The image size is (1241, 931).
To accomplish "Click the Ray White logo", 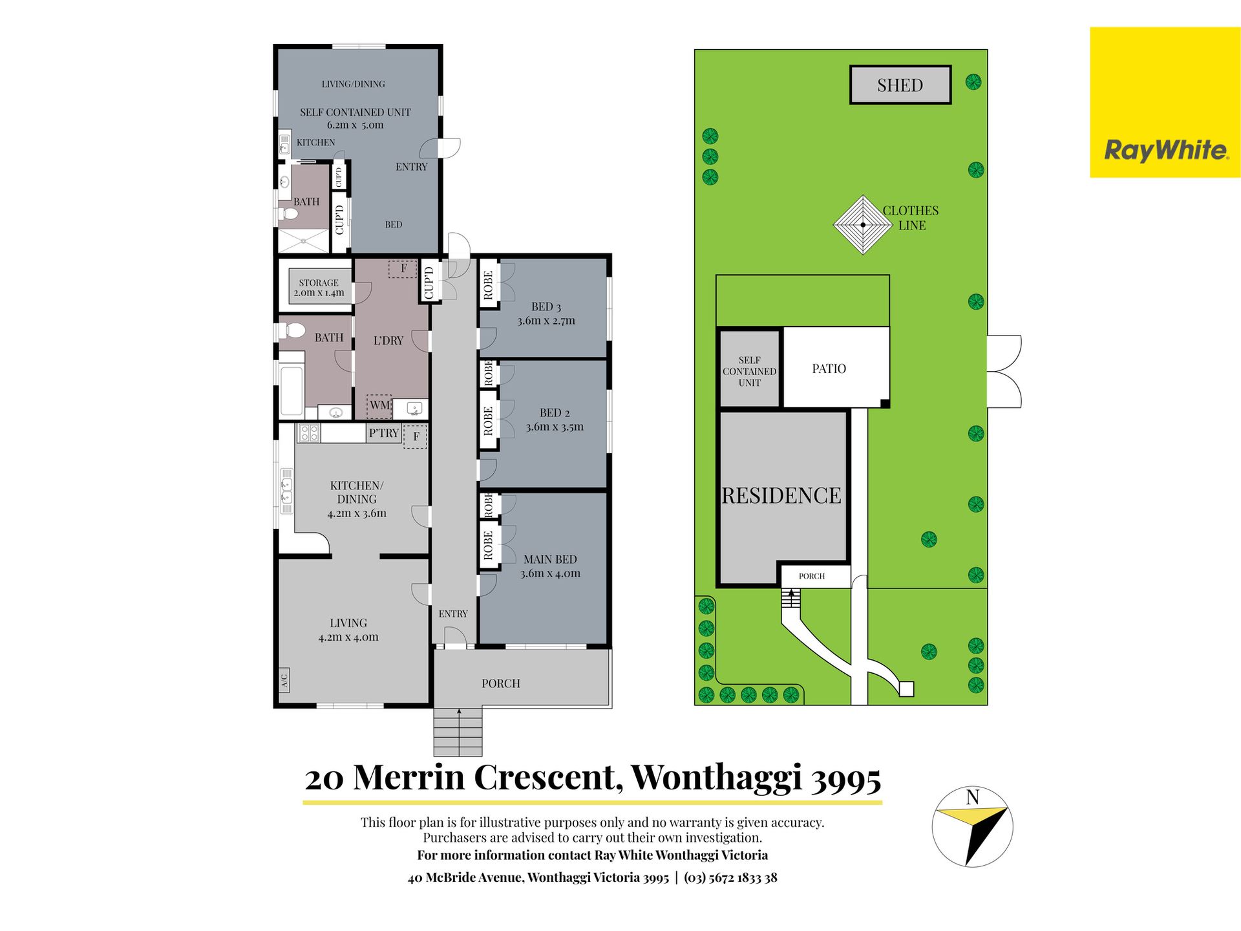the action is pyautogui.click(x=1165, y=102).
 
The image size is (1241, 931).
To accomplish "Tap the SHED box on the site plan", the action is pyautogui.click(x=900, y=85).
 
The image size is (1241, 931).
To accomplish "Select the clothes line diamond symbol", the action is pyautogui.click(x=863, y=225).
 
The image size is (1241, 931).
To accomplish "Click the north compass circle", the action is pyautogui.click(x=972, y=827).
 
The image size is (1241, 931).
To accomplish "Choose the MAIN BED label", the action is pyautogui.click(x=550, y=559).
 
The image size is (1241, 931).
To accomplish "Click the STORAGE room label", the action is pyautogui.click(x=319, y=283).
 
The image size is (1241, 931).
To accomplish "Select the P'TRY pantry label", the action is pyautogui.click(x=384, y=433).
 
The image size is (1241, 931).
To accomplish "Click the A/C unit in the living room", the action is pyautogui.click(x=284, y=680).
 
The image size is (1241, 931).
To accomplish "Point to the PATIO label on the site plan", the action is pyautogui.click(x=829, y=369).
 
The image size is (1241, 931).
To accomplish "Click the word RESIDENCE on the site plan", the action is pyautogui.click(x=781, y=495).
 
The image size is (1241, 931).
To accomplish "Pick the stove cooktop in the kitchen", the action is pyautogui.click(x=309, y=433).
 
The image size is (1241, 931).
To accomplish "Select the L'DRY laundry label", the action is pyautogui.click(x=388, y=340).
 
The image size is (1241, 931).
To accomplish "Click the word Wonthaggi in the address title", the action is pyautogui.click(x=717, y=778).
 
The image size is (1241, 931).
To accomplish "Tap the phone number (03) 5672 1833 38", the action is pyautogui.click(x=730, y=877).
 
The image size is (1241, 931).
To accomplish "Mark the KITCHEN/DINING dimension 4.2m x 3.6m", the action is pyautogui.click(x=357, y=513).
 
